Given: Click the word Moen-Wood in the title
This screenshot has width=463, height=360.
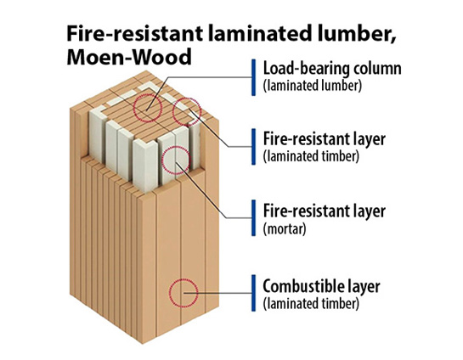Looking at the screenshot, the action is (x=129, y=57).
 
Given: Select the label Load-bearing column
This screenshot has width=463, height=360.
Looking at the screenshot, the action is (x=332, y=69).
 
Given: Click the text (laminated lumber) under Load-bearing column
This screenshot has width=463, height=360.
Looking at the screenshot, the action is (x=312, y=86).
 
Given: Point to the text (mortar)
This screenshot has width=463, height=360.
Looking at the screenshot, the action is (x=285, y=228).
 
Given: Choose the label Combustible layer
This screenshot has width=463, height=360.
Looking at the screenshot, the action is (x=321, y=286).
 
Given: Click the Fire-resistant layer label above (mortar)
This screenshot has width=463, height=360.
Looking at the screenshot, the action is (x=325, y=211).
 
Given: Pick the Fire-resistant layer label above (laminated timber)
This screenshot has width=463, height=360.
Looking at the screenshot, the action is (x=325, y=139).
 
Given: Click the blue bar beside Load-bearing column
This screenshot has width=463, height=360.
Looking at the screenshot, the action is (x=253, y=77).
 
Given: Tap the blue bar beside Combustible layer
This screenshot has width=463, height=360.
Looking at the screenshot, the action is (x=253, y=293).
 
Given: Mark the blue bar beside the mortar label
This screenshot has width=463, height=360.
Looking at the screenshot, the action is (x=253, y=217).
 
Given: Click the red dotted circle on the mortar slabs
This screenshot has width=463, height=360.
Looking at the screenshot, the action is (x=176, y=160).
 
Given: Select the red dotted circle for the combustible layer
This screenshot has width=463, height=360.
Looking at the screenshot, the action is (x=184, y=293).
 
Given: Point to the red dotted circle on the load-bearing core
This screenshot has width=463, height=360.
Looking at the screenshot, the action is (x=147, y=108).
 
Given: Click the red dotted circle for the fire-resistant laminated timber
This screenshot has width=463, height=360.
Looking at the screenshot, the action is (x=187, y=112).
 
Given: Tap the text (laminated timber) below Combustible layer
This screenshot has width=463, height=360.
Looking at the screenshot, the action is (x=311, y=304).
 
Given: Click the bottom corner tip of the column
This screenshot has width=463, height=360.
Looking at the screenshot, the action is (x=143, y=344).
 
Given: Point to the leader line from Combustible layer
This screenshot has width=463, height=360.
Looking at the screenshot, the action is (x=217, y=293).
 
